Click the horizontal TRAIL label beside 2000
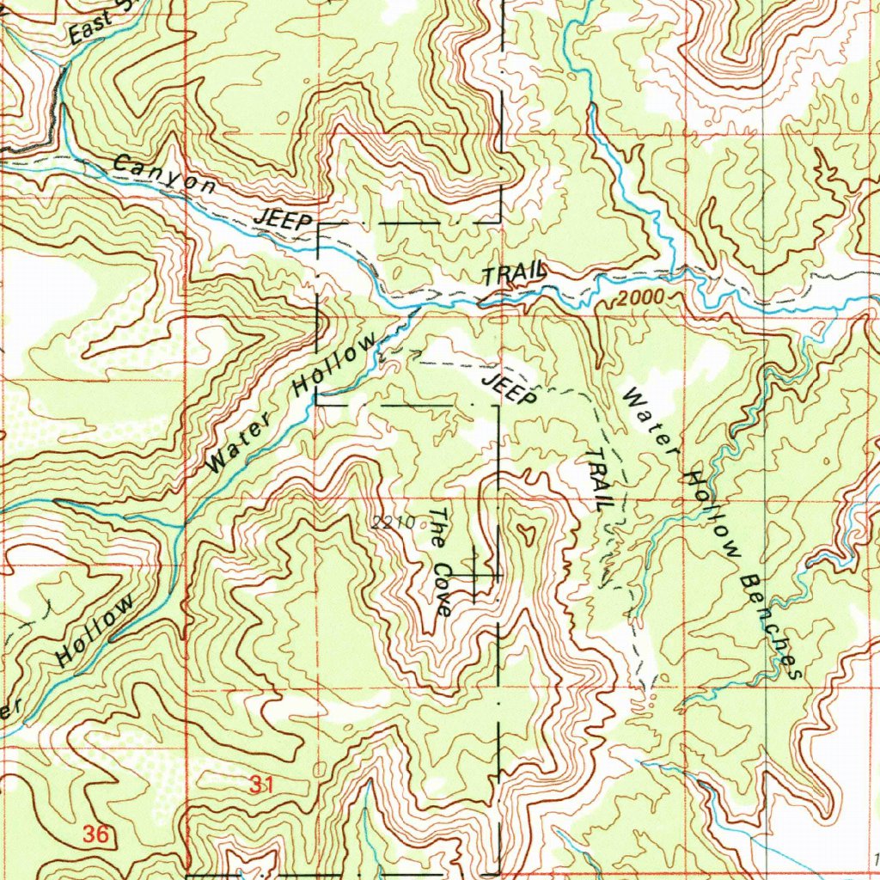(x=513, y=274)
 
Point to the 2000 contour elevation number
(x=641, y=297)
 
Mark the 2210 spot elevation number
(x=394, y=522)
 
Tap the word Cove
(x=442, y=590)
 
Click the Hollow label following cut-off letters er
(x=95, y=631)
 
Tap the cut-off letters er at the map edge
(x=9, y=709)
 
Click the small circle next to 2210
(x=421, y=521)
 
